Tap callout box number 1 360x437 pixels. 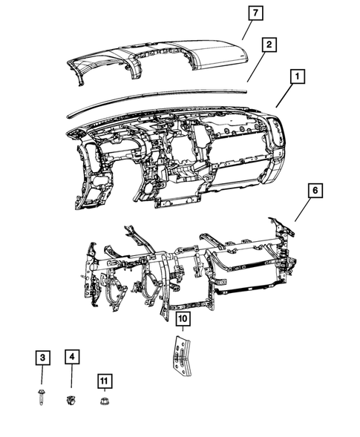(297, 76)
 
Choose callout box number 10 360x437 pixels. (181, 321)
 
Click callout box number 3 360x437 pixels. (43, 358)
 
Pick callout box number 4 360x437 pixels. (72, 358)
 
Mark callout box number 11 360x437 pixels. (105, 381)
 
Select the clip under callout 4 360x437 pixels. (72, 401)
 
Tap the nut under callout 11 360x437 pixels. (105, 401)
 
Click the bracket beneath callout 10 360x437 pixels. (180, 356)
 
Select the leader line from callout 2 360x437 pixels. (257, 67)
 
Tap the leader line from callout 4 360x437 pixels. (72, 381)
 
